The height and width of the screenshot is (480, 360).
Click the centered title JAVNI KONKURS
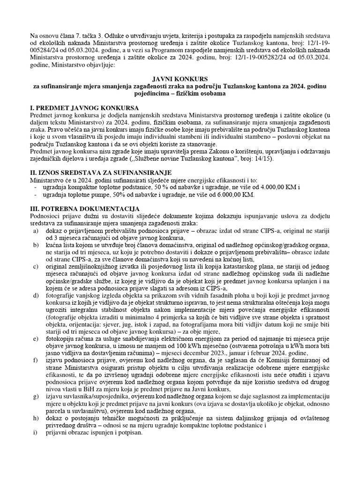pos(180,80)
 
